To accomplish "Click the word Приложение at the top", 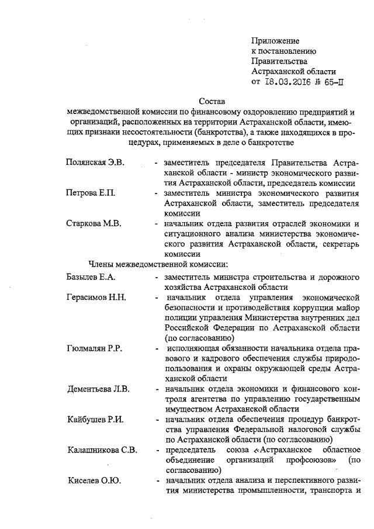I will point(275,40).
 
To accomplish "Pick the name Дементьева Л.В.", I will point(98,389).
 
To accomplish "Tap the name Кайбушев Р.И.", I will point(94,420).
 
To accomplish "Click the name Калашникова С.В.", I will point(102,450).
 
